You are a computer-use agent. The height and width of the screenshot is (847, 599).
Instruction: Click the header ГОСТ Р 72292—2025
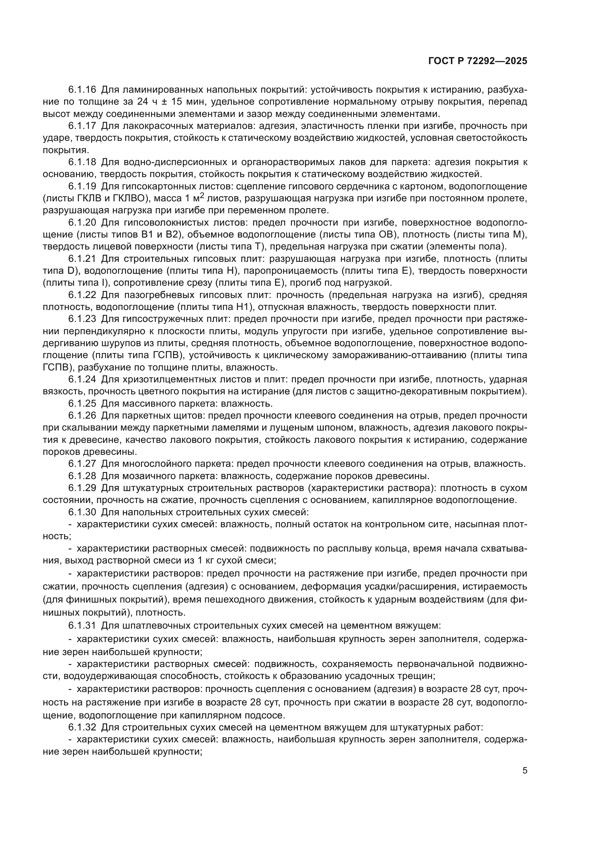click(x=478, y=61)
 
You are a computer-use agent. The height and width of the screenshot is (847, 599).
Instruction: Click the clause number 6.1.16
click(x=82, y=90)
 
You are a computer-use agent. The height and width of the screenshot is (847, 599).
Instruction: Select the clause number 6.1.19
click(x=82, y=186)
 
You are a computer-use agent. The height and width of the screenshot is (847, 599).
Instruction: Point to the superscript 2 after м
click(x=202, y=195)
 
